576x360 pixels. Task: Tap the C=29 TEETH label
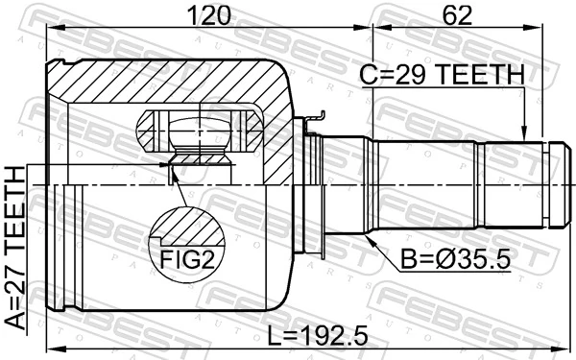point(443,74)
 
